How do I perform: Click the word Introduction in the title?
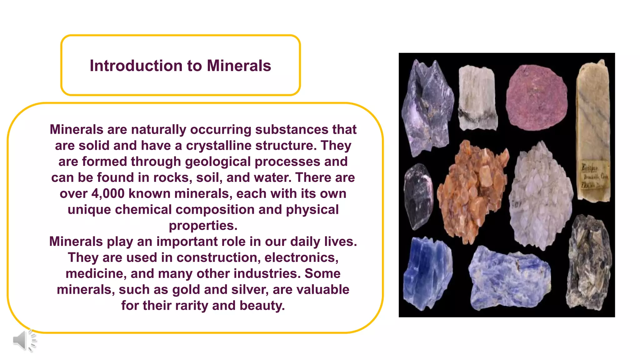pos(136,66)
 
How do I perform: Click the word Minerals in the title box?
pos(239,66)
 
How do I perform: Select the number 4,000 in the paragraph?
pos(108,194)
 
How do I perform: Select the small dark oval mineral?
pos(418,196)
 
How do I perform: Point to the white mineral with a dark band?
pos(477,98)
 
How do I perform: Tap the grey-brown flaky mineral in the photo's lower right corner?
pos(588,262)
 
